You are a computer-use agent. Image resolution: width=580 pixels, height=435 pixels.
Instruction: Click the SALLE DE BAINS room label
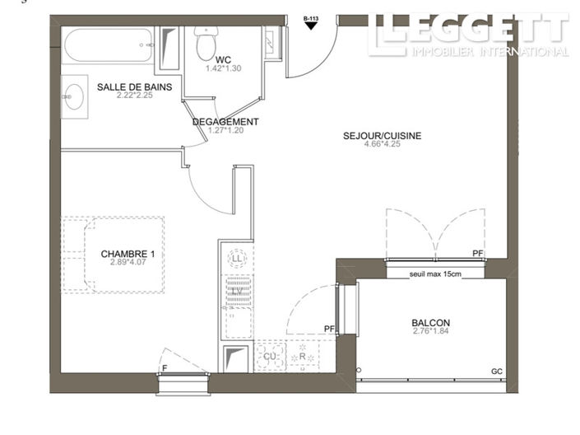pos(134,87)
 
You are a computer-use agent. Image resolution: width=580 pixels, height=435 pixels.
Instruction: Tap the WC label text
pos(223,60)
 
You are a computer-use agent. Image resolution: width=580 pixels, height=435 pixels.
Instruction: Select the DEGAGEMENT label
pos(225,122)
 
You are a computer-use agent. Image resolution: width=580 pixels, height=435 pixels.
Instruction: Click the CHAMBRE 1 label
pos(128,254)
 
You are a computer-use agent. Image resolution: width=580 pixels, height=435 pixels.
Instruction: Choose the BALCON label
pos(431,323)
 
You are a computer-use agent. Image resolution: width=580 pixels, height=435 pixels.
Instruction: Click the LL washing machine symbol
pos(238,259)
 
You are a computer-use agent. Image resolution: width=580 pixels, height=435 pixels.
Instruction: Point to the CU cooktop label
pos(268,355)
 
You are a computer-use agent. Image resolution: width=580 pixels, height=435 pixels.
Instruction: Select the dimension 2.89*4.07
pos(128,264)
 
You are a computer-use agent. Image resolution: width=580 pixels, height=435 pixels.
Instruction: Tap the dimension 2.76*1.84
pos(431,332)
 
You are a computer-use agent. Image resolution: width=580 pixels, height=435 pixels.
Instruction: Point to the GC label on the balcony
pos(496,372)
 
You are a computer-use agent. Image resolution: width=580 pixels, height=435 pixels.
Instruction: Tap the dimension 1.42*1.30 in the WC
pos(223,69)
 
